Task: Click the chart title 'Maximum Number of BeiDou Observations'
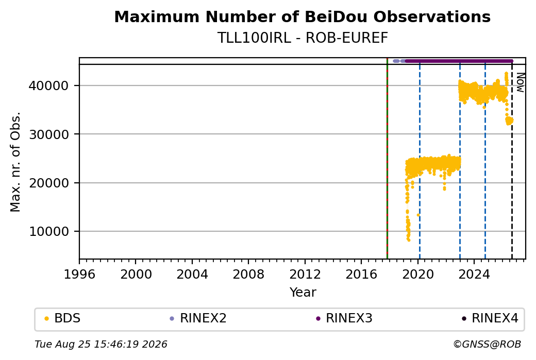tap(302, 16)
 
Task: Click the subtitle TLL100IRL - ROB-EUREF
tap(303, 38)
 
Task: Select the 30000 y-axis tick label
tap(49, 134)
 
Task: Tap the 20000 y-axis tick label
tap(49, 183)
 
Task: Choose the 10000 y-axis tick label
tap(49, 232)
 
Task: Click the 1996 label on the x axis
tap(79, 275)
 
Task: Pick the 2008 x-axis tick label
tap(248, 275)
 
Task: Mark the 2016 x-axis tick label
tap(361, 275)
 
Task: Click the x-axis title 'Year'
tap(303, 293)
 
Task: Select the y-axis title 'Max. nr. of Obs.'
tap(15, 162)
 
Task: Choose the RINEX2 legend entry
tap(198, 318)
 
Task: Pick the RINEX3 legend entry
tap(344, 318)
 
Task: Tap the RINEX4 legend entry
tap(490, 318)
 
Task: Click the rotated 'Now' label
tap(520, 82)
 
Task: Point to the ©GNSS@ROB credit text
tap(487, 344)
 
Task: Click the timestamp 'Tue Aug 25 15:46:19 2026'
tap(101, 344)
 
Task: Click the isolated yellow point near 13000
tap(418, 215)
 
